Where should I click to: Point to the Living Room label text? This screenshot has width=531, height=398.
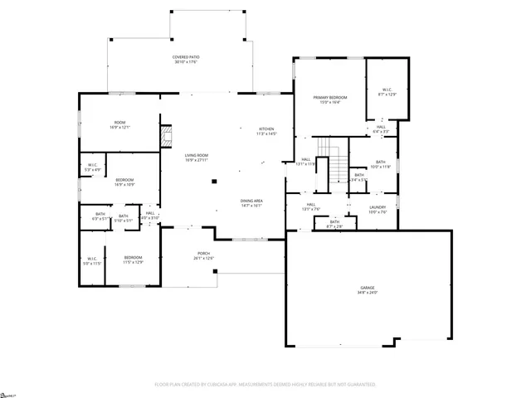pyautogui.click(x=196, y=158)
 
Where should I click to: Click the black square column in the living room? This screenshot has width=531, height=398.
pyautogui.click(x=214, y=181)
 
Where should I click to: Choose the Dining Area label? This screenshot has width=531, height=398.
pyautogui.click(x=251, y=203)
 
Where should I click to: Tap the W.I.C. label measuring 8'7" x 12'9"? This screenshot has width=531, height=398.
pyautogui.click(x=388, y=92)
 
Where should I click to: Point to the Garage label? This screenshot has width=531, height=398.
pyautogui.click(x=368, y=290)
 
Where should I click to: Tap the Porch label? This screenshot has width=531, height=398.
pyautogui.click(x=203, y=255)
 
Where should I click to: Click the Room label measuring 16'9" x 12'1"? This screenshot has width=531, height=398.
pyautogui.click(x=119, y=125)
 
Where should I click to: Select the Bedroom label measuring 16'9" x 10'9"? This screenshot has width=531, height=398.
pyautogui.click(x=124, y=182)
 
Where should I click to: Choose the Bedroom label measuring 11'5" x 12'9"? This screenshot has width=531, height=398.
pyautogui.click(x=134, y=260)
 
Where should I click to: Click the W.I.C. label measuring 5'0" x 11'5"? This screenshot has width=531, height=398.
pyautogui.click(x=92, y=260)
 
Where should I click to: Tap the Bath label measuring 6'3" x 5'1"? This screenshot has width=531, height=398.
pyautogui.click(x=100, y=217)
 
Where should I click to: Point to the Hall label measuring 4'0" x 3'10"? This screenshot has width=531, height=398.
pyautogui.click(x=150, y=216)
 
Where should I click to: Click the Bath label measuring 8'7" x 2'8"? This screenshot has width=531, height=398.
pyautogui.click(x=334, y=223)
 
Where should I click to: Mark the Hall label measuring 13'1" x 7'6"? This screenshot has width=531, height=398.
pyautogui.click(x=310, y=207)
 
